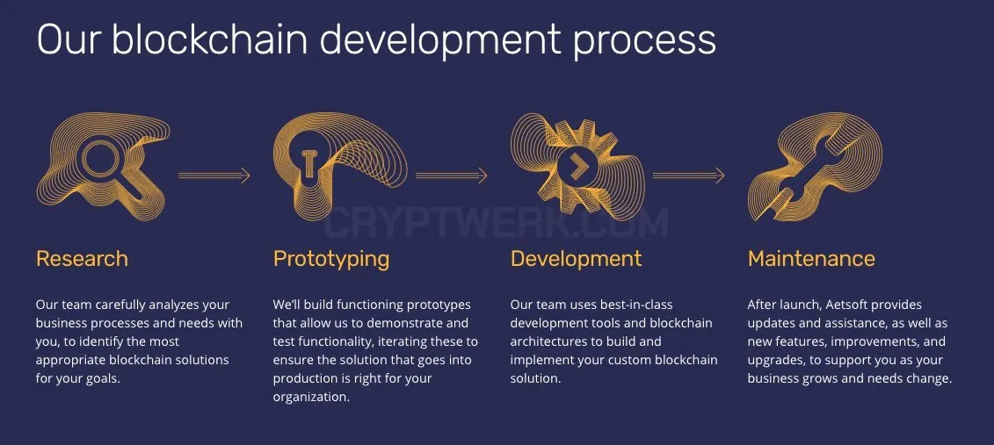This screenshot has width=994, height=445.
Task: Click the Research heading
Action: point(82,259)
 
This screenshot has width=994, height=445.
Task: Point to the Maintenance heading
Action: point(811,259)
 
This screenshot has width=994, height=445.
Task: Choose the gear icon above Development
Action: point(577,167)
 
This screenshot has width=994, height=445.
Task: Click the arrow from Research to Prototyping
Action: point(214,176)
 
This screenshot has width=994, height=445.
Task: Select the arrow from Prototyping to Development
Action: point(452,176)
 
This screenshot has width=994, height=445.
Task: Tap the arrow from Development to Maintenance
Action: point(688,176)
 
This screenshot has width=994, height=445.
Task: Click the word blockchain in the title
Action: point(210,39)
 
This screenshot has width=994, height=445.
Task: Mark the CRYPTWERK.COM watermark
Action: point(497,222)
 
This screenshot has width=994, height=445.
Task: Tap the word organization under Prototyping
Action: point(311,398)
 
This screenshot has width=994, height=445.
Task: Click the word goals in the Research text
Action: point(104,379)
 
